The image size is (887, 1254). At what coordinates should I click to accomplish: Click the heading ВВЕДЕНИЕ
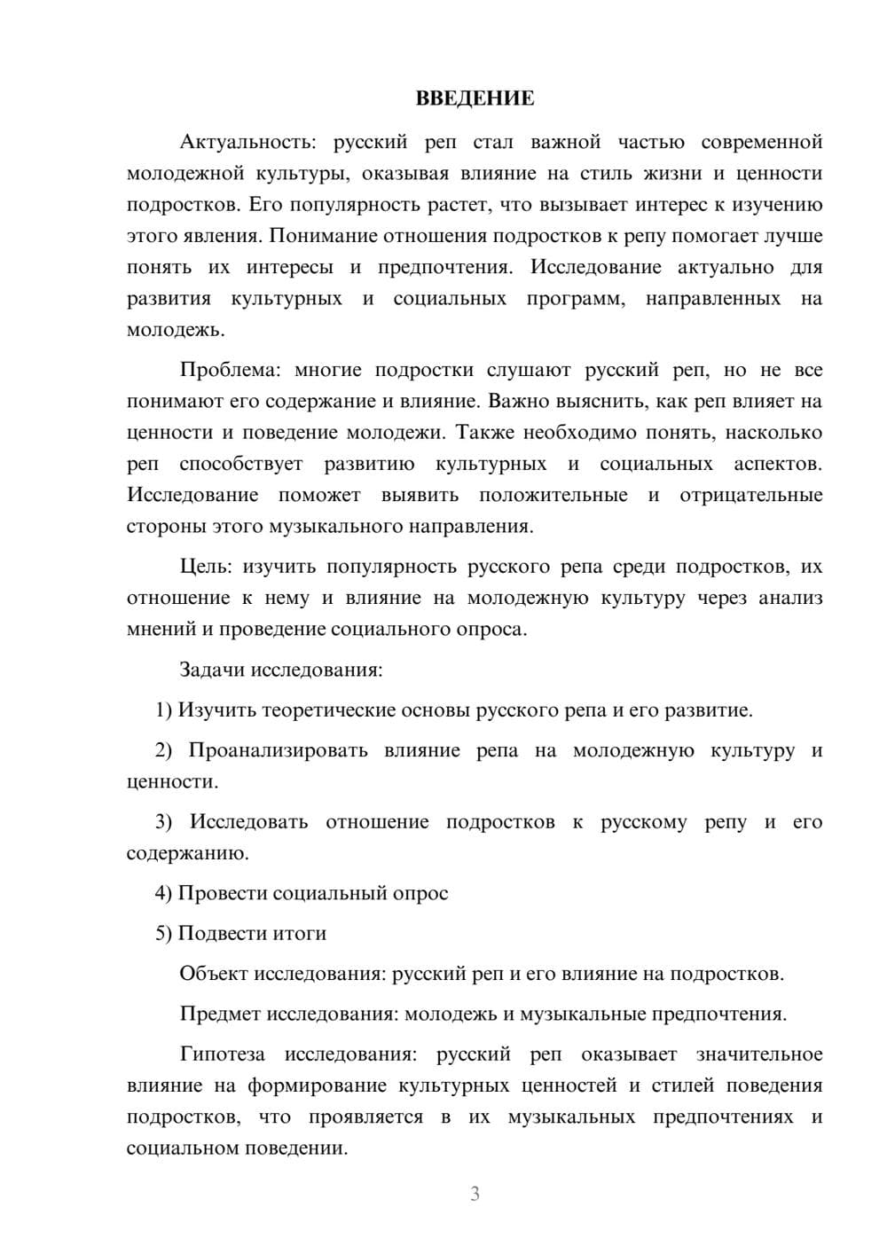[x=475, y=98]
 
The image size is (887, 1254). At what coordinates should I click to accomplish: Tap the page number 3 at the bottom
[x=475, y=1194]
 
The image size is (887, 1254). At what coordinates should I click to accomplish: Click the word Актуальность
[x=244, y=142]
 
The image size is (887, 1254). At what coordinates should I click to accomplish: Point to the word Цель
[x=205, y=566]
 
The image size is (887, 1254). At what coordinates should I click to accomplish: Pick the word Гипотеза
[x=222, y=1054]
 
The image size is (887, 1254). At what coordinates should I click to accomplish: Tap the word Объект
[x=214, y=974]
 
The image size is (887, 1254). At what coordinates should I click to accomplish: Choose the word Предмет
[x=220, y=1014]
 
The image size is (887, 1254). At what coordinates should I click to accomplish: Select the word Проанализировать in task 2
[x=278, y=750]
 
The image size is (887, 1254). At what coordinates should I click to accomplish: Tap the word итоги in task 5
[x=301, y=933]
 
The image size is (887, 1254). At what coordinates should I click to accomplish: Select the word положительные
[x=553, y=495]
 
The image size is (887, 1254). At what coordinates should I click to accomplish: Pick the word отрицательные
[x=750, y=495]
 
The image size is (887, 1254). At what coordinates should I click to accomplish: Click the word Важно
[x=515, y=401]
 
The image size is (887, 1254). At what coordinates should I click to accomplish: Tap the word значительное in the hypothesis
[x=759, y=1054]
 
